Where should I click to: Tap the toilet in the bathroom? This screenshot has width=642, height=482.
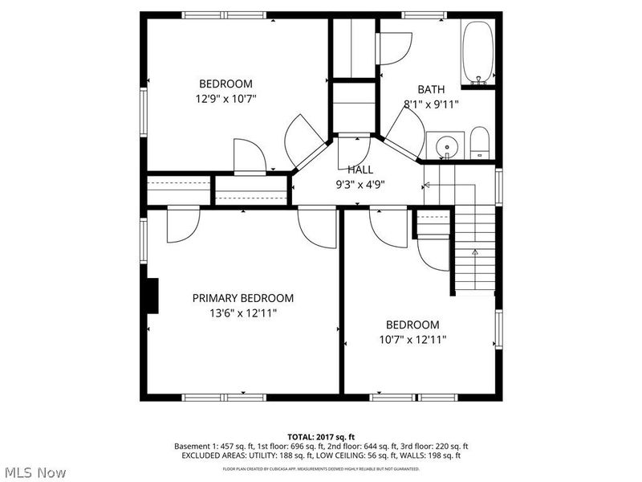479,144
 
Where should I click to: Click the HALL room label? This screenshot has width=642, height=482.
360,170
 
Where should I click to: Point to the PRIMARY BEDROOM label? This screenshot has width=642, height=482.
243,298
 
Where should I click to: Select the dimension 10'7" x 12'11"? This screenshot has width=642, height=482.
412,339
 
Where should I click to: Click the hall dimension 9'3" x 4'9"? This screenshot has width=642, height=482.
360,183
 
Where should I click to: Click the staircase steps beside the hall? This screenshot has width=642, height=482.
473,249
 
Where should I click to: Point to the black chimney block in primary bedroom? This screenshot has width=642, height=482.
152,295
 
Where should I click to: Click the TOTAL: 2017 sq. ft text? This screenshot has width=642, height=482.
320,437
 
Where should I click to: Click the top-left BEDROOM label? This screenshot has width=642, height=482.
226,84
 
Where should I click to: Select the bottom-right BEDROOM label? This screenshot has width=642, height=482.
412,325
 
